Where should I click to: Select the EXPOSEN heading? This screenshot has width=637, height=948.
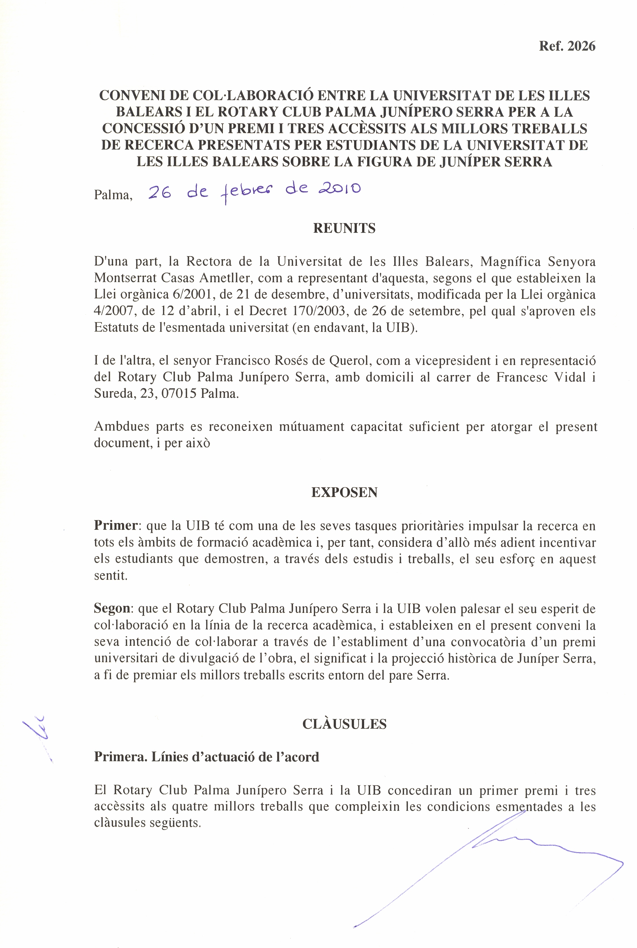344,492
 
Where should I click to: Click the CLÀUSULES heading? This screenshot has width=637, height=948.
344,724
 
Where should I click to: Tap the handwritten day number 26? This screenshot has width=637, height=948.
159,192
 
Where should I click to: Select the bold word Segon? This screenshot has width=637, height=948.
112,609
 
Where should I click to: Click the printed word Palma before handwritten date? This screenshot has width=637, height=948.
113,195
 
